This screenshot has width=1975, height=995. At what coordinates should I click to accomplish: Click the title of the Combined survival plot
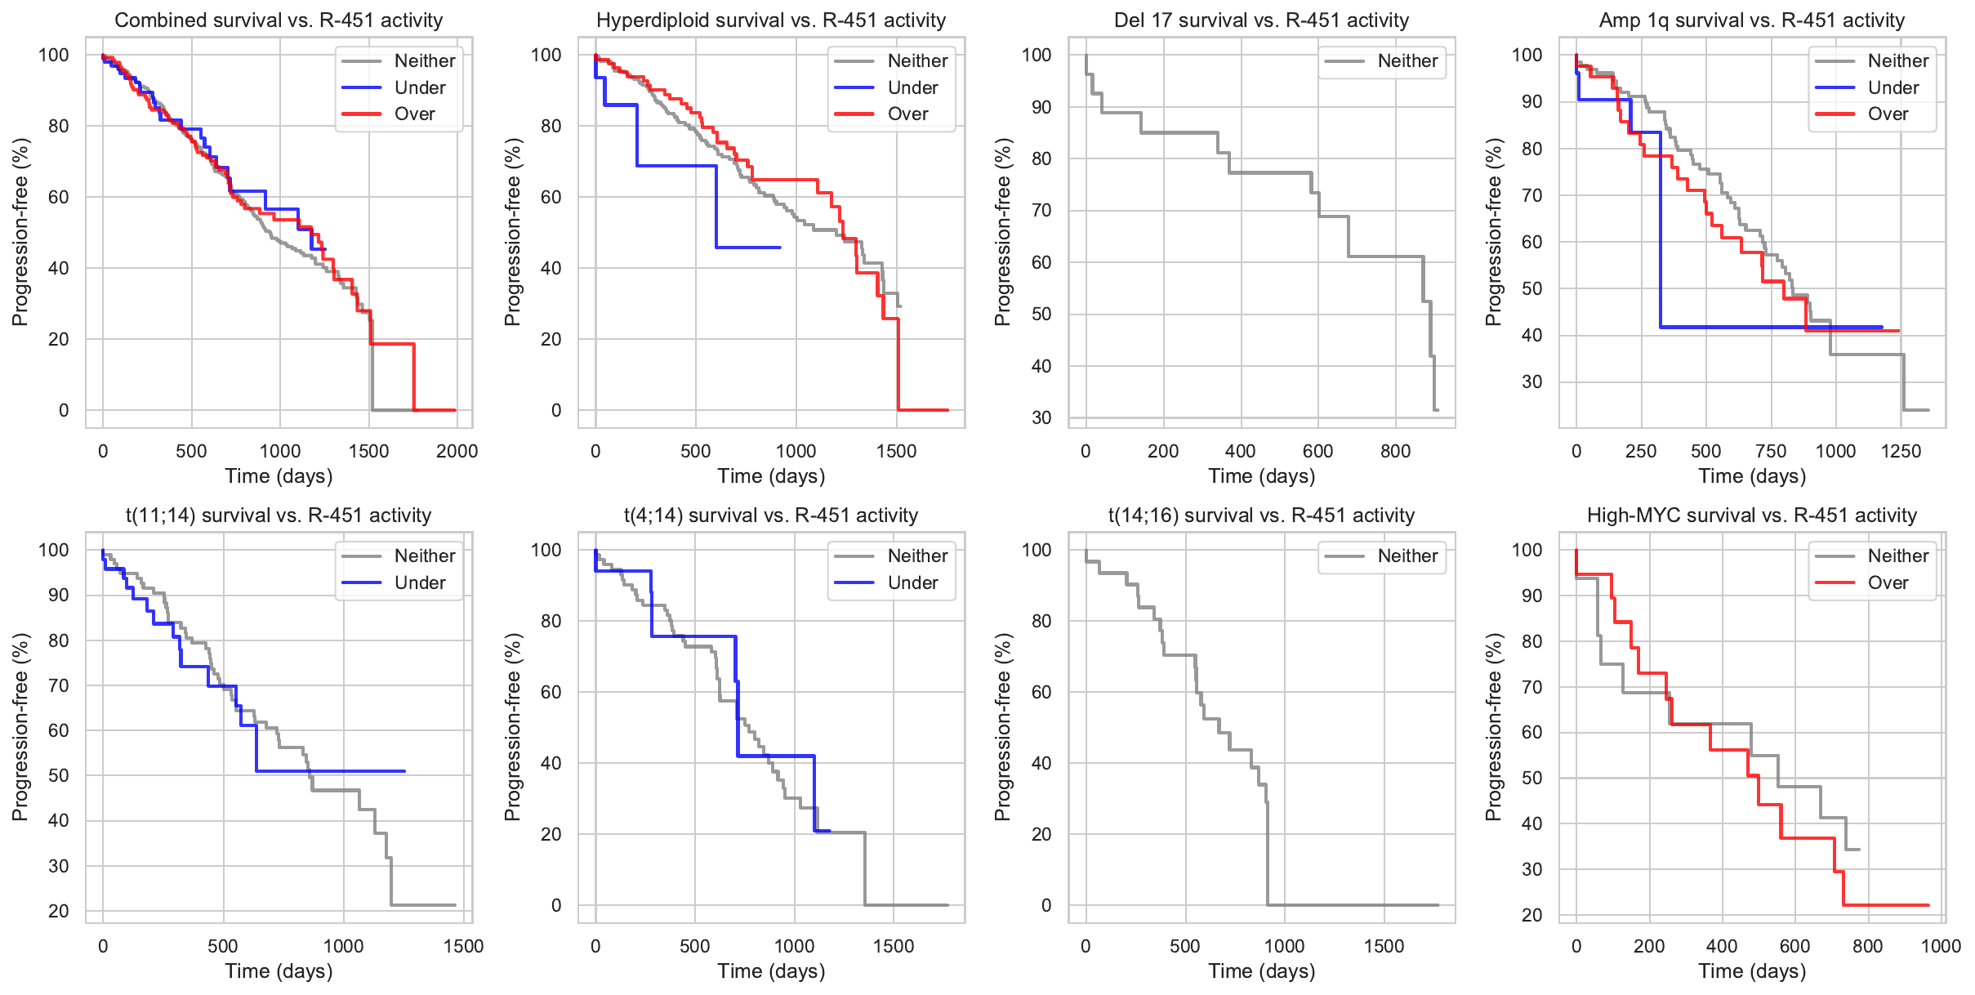279,20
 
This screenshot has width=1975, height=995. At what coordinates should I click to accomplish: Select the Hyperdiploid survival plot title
770,20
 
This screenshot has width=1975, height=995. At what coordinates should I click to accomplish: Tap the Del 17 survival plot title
1261,20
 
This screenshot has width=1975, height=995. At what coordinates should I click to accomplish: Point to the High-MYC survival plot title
1751,515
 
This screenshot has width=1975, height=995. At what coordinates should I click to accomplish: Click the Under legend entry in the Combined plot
419,87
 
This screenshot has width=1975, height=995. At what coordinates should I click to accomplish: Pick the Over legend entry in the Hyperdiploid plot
907,114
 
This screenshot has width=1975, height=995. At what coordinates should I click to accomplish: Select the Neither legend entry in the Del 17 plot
1407,60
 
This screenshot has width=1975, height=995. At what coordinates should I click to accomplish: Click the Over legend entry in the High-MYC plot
1888,582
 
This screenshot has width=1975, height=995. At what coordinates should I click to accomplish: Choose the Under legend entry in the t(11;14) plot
419,582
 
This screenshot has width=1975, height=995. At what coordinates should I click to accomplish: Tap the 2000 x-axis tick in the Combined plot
457,451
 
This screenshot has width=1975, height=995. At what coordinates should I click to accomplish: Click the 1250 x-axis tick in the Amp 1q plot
1901,451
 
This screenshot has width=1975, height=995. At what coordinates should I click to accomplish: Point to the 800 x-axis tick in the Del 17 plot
1395,451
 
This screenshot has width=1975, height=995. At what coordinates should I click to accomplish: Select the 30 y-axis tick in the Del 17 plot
1041,417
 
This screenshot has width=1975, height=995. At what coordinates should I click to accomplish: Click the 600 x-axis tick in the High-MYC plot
1794,946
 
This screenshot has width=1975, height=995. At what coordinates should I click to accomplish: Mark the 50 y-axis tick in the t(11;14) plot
59,775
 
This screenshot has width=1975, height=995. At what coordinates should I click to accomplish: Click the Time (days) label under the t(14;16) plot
1261,971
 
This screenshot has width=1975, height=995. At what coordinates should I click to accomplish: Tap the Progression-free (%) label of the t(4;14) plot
512,726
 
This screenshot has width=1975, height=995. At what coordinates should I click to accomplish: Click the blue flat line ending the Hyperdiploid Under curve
747,247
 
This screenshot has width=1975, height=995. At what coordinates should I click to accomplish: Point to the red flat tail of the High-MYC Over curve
1887,905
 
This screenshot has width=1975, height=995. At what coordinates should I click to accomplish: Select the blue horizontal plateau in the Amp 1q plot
1756,327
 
